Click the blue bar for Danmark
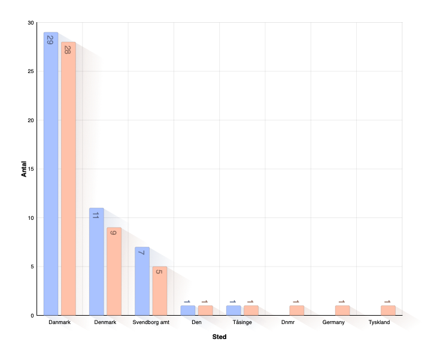(51, 174)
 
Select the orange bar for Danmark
(68, 179)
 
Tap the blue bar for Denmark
(96, 261)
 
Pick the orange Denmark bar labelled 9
(114, 271)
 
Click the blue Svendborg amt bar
(142, 281)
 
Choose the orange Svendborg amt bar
(160, 291)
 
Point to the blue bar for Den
(188, 310)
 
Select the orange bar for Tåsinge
(251, 310)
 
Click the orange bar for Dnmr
(297, 310)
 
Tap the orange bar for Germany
(342, 310)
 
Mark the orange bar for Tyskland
(388, 310)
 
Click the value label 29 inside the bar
(50, 40)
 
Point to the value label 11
(95, 216)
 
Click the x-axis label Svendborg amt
(151, 322)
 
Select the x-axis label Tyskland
(379, 322)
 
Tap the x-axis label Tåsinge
(242, 322)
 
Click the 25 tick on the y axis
(31, 71)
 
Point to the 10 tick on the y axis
(31, 218)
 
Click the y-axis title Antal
(24, 169)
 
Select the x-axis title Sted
(220, 337)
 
